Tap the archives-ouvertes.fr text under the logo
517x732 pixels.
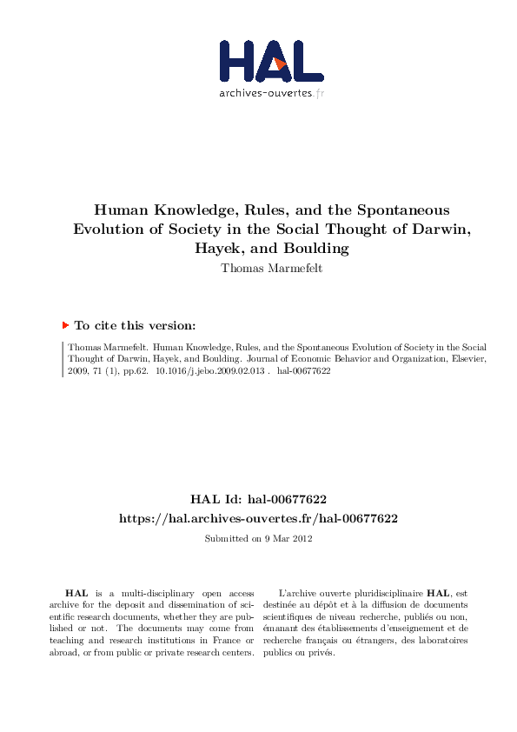coord(271,93)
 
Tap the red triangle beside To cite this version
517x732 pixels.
coord(65,325)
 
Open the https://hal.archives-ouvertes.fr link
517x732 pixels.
coord(258,518)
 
